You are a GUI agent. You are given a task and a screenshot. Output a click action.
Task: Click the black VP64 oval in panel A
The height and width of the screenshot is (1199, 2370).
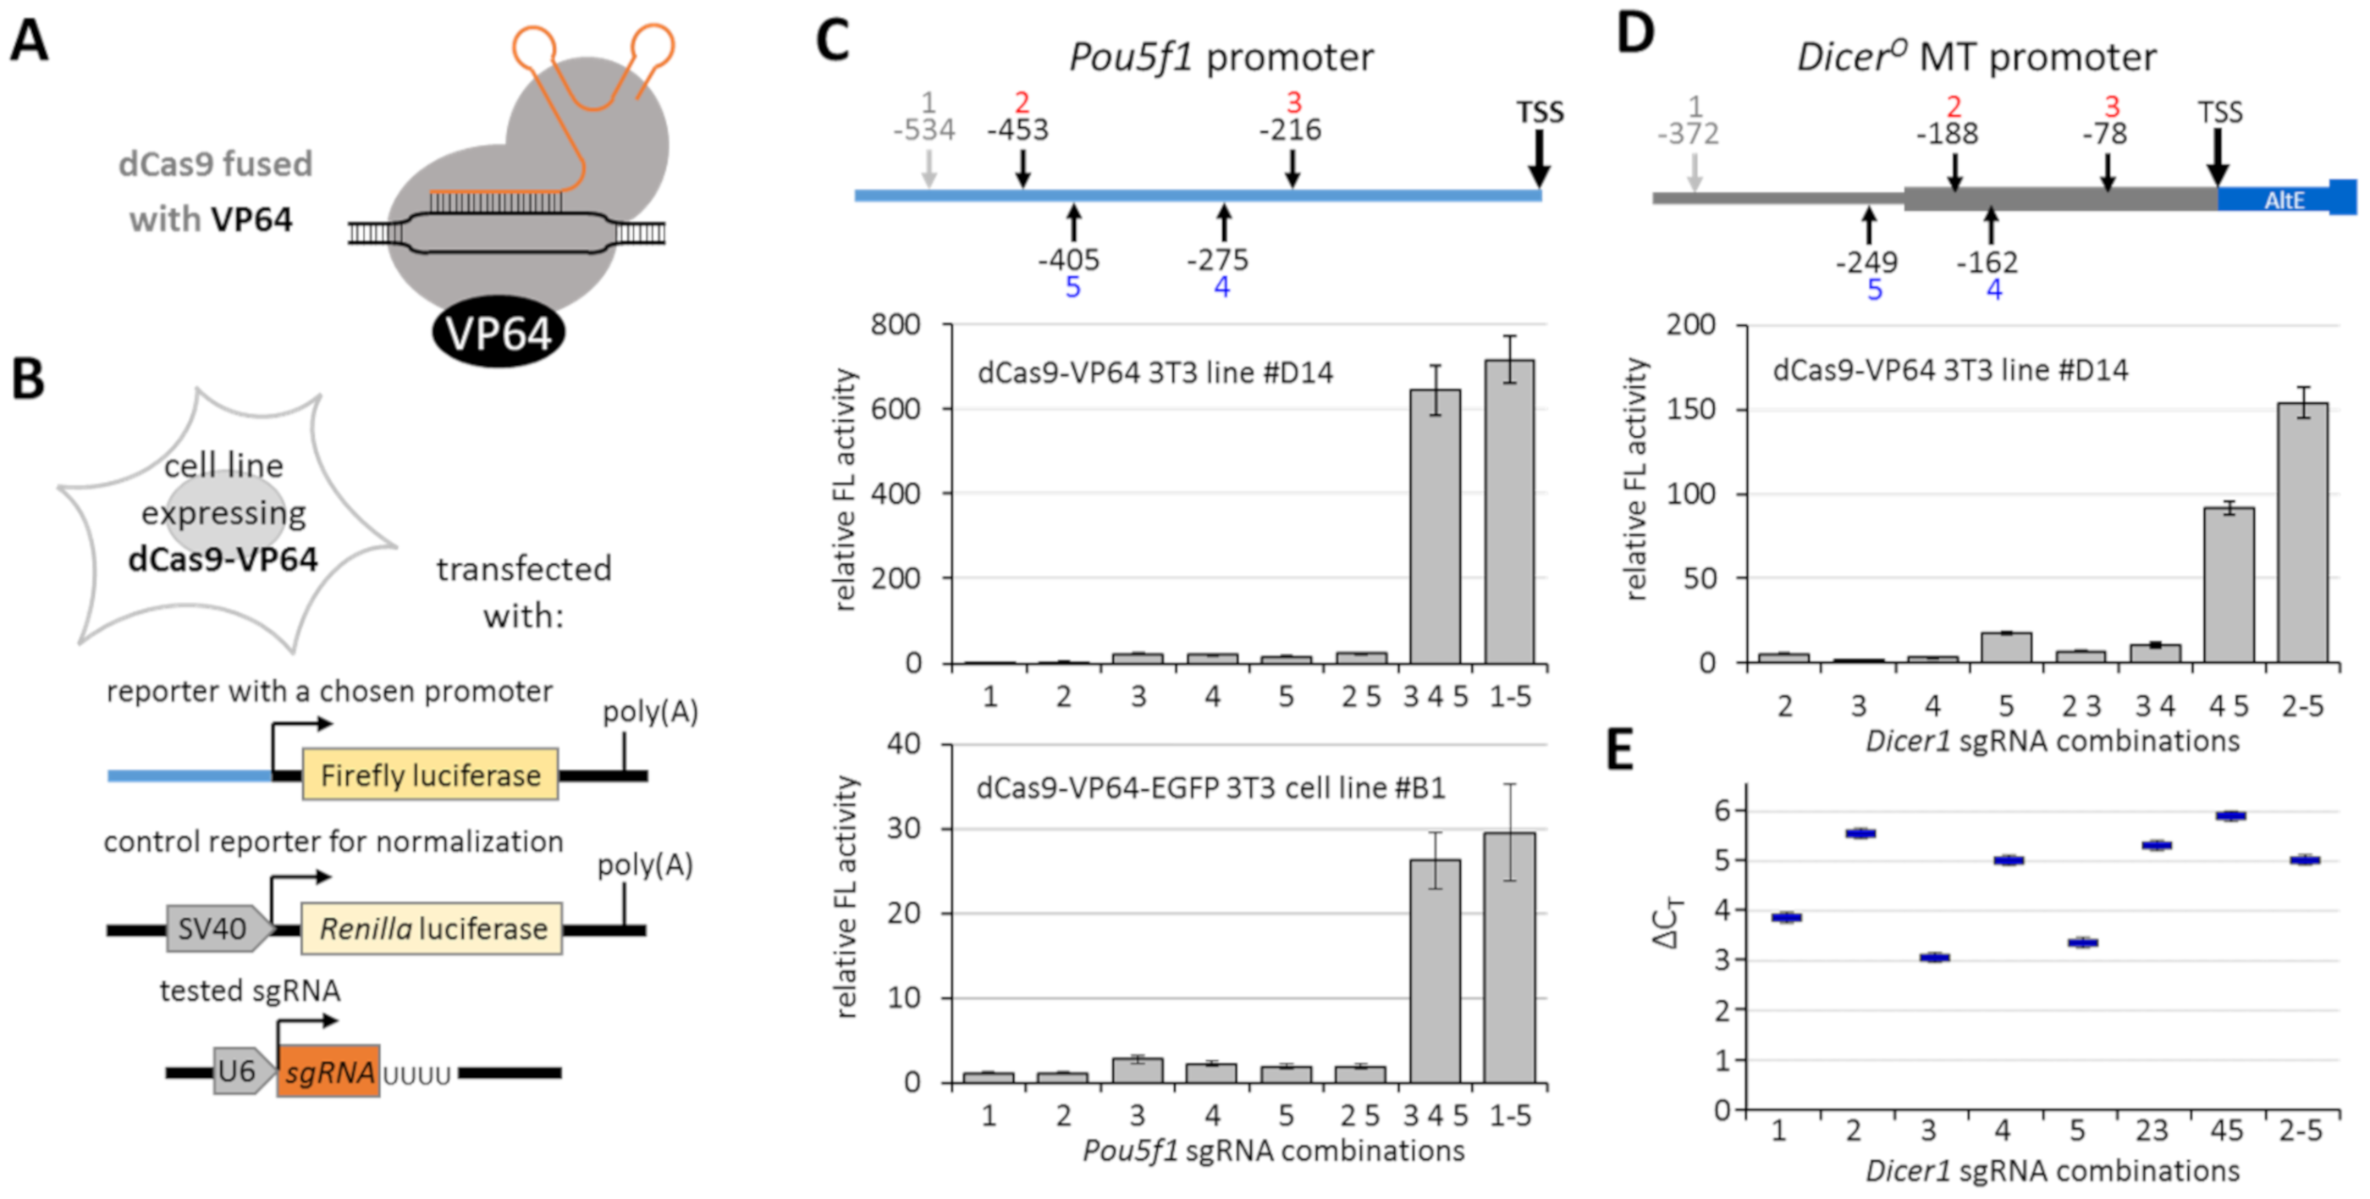pyautogui.click(x=498, y=332)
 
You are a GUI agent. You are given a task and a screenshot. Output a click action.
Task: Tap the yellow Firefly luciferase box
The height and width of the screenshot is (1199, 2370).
pyautogui.click(x=430, y=774)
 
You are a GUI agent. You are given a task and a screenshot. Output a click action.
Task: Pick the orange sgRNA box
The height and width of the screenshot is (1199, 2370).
pyautogui.click(x=328, y=1071)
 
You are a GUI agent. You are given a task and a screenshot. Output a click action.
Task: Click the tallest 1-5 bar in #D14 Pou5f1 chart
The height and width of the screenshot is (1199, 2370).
pyautogui.click(x=1509, y=511)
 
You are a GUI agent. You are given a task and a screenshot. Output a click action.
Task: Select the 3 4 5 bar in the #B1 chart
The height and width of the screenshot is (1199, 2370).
pyautogui.click(x=1435, y=970)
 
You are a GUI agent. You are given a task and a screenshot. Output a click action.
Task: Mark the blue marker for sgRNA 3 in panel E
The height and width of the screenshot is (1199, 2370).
pyautogui.click(x=1934, y=957)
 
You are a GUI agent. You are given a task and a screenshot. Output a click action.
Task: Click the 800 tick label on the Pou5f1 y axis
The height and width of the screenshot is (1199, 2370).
pyautogui.click(x=896, y=324)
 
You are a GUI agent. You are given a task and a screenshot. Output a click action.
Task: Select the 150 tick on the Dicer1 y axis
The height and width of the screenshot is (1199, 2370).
pyautogui.click(x=1691, y=409)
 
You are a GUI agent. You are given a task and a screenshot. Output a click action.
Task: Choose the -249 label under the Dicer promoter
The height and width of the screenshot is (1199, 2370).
pyautogui.click(x=1866, y=262)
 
